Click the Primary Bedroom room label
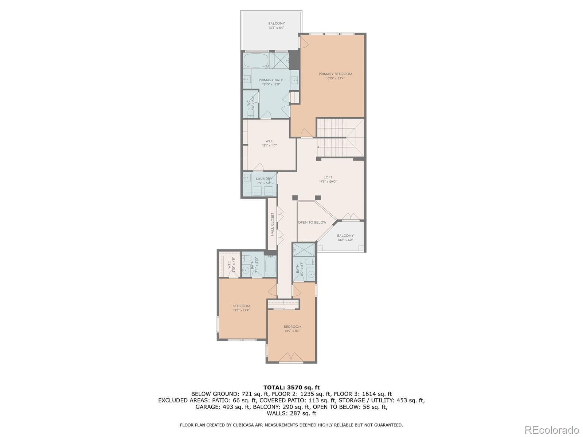click(335, 74)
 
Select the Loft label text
click(328, 177)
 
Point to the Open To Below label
click(312, 222)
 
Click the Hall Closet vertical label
click(272, 224)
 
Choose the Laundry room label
click(264, 179)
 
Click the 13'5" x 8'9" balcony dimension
click(277, 28)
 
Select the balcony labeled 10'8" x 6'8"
click(345, 237)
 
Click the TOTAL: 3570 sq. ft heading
click(291, 387)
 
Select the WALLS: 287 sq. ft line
click(291, 413)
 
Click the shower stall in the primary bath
click(279, 60)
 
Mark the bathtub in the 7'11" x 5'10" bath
click(270, 267)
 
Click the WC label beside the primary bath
click(249, 103)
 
